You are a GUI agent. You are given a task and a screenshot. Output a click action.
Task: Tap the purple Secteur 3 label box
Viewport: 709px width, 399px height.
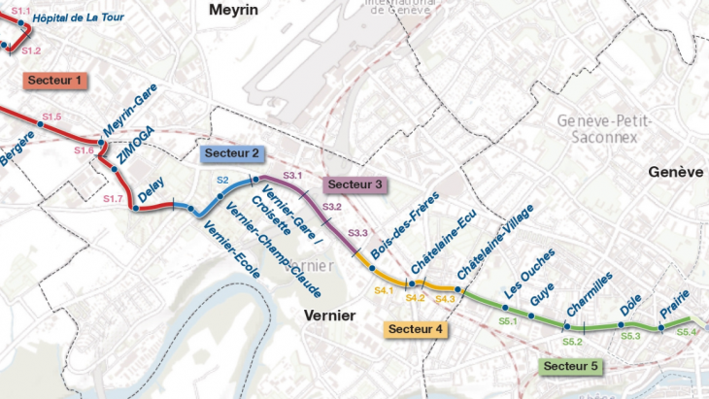(x=354, y=184)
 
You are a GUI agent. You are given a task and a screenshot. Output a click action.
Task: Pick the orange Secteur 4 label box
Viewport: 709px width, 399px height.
(x=415, y=330)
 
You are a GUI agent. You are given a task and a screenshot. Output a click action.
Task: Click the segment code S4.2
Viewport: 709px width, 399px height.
(x=416, y=298)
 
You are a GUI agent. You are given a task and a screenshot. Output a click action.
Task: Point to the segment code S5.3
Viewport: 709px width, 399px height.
(x=631, y=336)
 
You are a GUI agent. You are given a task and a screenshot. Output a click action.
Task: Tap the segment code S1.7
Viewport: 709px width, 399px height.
(x=114, y=198)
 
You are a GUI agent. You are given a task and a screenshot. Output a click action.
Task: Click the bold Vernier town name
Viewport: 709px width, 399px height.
(x=330, y=316)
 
